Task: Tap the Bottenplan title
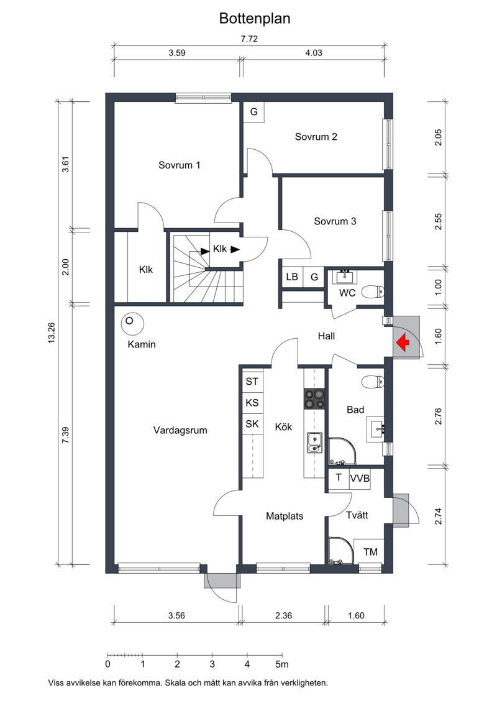(x=255, y=19)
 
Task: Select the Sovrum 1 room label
(x=180, y=165)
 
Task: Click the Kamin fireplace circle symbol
(x=132, y=323)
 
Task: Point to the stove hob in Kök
(x=314, y=398)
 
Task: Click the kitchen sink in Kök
(x=314, y=443)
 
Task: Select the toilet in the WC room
(x=373, y=292)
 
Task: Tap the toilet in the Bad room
(x=373, y=382)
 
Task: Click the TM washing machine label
(x=370, y=552)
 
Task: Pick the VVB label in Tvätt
(x=360, y=479)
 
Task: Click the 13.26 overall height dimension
(x=52, y=333)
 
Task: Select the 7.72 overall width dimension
(x=249, y=39)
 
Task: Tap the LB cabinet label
(x=292, y=277)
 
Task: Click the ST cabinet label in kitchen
(x=252, y=382)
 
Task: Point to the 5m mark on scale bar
(x=281, y=664)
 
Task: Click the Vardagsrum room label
(x=180, y=430)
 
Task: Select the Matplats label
(x=285, y=516)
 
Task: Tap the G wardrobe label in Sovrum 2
(x=253, y=112)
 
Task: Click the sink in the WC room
(x=345, y=277)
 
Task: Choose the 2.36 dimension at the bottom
(x=283, y=615)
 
